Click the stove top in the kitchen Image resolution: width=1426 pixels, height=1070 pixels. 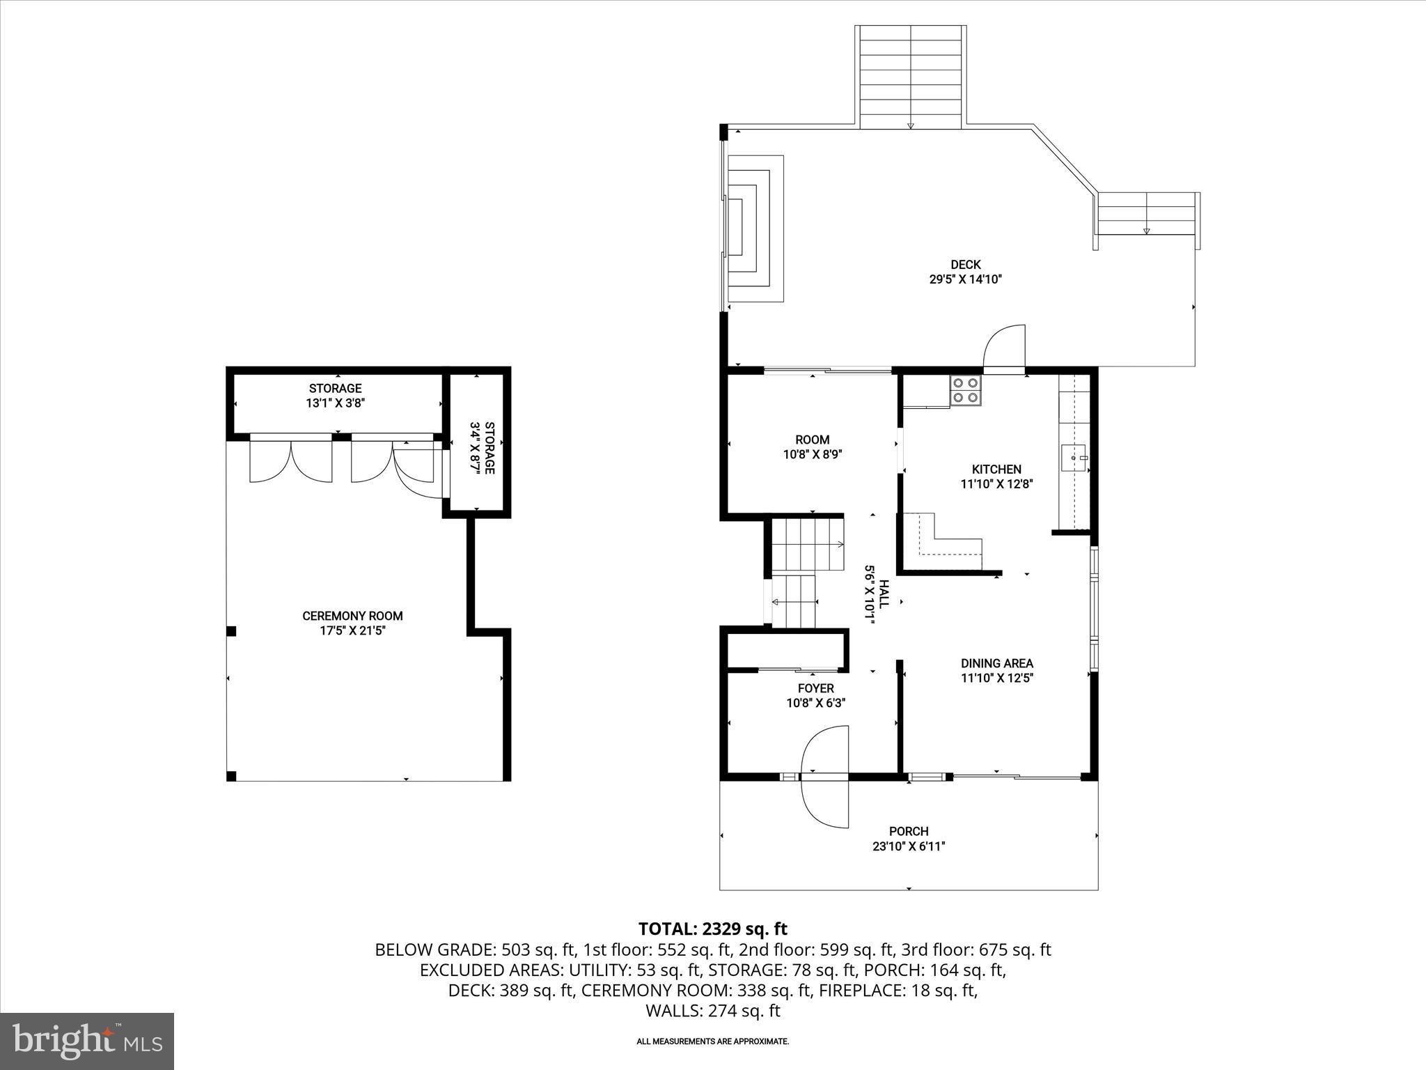click(x=966, y=390)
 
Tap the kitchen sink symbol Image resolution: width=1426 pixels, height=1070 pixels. click(x=1073, y=457)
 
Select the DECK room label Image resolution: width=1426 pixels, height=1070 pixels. click(x=965, y=265)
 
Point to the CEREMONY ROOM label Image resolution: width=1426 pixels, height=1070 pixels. click(x=352, y=616)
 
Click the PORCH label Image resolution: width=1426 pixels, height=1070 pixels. click(x=908, y=831)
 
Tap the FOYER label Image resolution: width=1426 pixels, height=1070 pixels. click(x=815, y=688)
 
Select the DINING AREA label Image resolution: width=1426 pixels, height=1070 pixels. click(x=996, y=663)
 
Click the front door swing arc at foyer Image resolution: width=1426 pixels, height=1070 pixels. click(x=826, y=776)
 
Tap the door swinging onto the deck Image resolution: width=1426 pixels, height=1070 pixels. click(x=1005, y=347)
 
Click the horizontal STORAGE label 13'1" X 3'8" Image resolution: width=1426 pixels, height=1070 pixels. click(x=335, y=396)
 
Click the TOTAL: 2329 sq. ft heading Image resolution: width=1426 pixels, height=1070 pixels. click(x=712, y=929)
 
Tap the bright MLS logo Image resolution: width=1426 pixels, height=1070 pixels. click(x=87, y=1041)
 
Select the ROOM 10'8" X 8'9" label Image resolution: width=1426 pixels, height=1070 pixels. click(x=812, y=447)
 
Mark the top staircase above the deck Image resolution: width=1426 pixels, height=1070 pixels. click(x=910, y=77)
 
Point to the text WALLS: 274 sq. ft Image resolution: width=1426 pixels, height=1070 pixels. click(x=712, y=1011)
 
